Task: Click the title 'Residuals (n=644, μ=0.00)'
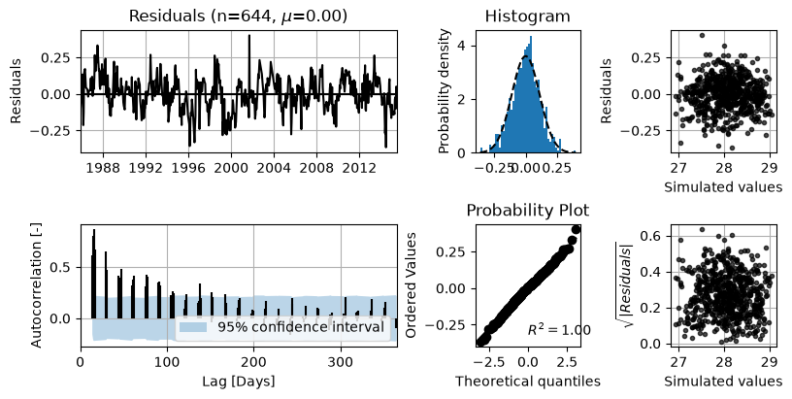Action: (x=238, y=16)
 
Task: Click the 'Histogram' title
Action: (x=527, y=16)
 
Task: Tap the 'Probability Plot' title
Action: (x=527, y=210)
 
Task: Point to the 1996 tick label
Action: (x=188, y=167)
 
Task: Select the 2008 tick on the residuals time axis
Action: (x=316, y=167)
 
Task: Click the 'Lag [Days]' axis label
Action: (x=239, y=381)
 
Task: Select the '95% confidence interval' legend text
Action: (x=301, y=327)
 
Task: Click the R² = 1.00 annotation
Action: (x=559, y=330)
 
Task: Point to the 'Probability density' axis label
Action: (x=444, y=91)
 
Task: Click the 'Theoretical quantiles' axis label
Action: (x=528, y=381)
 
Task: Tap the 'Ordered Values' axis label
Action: (x=412, y=285)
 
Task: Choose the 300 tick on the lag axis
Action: (x=341, y=362)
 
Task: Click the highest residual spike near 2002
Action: (x=249, y=35)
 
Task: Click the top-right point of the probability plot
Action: (x=576, y=230)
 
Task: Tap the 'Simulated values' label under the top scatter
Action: (x=723, y=186)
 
